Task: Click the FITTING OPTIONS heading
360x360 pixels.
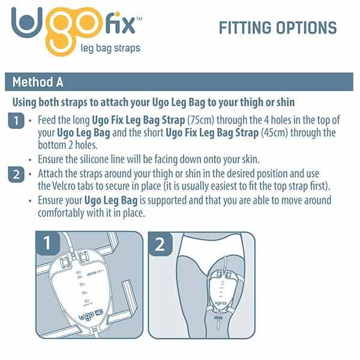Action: point(277,28)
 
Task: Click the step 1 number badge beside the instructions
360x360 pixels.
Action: point(16,121)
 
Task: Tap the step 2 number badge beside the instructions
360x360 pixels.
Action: point(16,175)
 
